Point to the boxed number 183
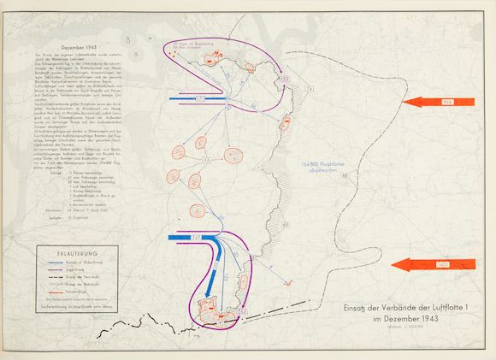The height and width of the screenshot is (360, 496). pyautogui.click(x=286, y=79)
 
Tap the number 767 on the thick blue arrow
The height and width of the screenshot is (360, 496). pyautogui.click(x=197, y=237)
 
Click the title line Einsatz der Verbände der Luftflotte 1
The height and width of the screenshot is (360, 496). pyautogui.click(x=393, y=308)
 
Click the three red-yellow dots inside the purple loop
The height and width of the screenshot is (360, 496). pyautogui.click(x=175, y=52)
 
